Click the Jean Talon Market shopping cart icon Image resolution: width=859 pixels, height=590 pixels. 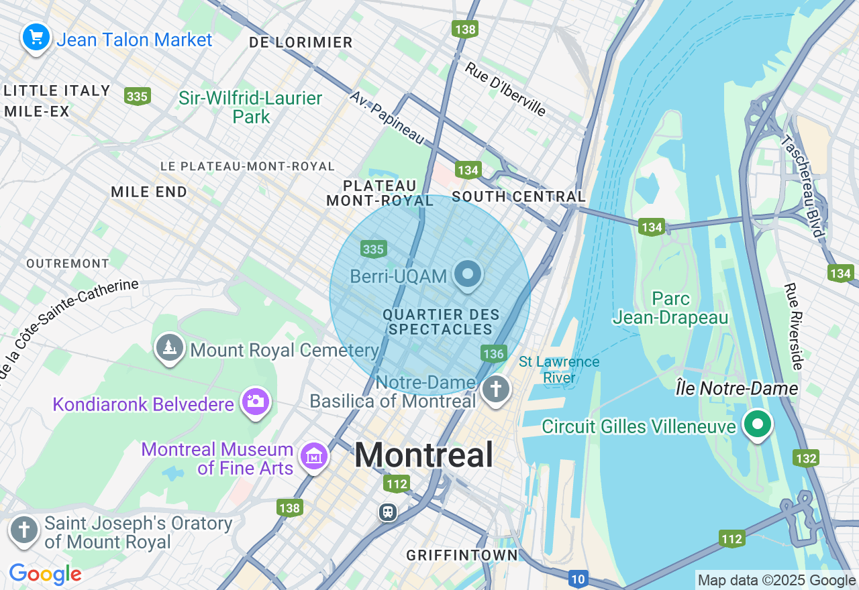point(36,36)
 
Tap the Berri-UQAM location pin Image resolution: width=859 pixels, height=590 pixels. point(468,274)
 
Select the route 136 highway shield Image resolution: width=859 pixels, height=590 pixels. point(493,353)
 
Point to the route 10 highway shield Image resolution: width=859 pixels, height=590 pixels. point(578,578)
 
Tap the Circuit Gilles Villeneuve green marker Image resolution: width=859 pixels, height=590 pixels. point(757,424)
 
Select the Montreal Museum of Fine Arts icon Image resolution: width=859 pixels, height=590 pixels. point(313,457)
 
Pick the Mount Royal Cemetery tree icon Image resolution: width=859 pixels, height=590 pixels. point(170,347)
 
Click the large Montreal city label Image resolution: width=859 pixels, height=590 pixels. point(424,455)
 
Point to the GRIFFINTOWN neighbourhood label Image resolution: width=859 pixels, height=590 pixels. point(462,555)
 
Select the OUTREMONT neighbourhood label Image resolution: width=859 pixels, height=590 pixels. point(67,263)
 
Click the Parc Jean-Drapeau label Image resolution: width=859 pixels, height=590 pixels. point(670,308)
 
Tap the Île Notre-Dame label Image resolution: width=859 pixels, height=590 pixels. point(736,389)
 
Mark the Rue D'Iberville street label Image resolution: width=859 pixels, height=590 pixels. point(506,89)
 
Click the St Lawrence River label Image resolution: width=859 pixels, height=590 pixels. point(559,370)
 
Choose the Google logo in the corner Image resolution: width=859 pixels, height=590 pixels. point(45,574)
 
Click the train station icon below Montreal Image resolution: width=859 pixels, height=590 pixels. point(387,512)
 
